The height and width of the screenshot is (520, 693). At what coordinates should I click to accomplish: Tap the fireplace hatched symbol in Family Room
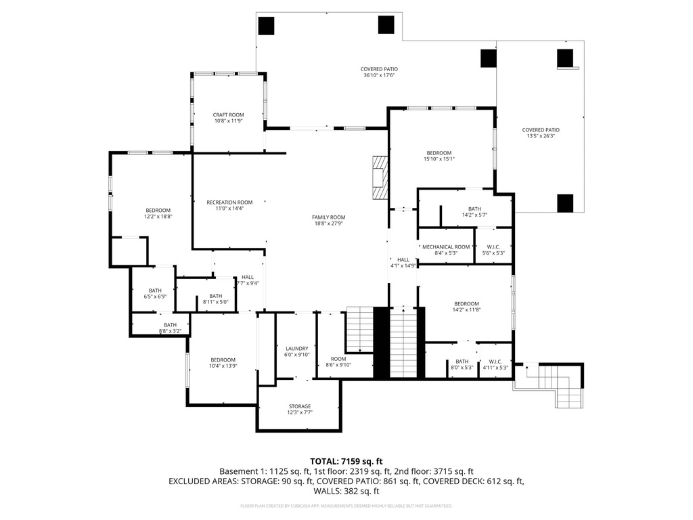380,178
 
